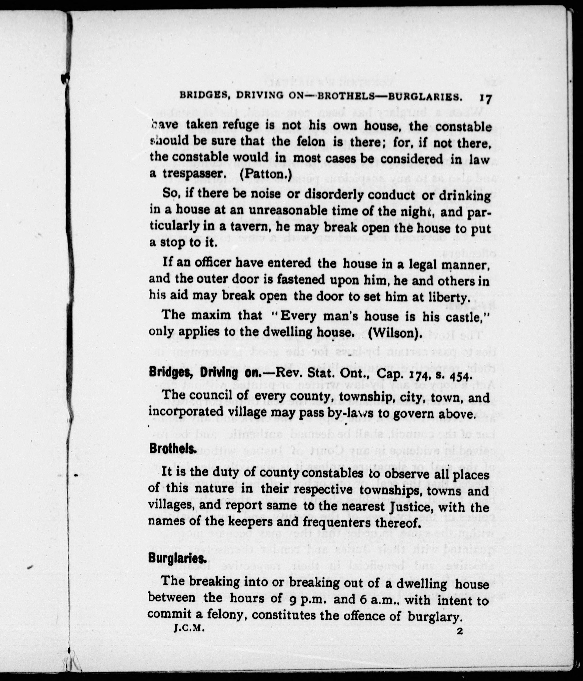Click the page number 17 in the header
(485, 99)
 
